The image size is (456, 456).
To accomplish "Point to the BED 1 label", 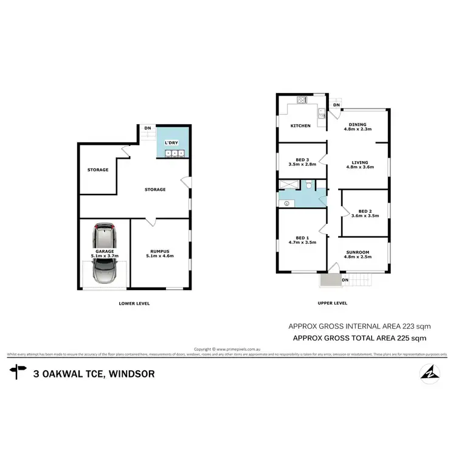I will [x=302, y=237].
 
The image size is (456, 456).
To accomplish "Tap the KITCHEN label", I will [x=300, y=126].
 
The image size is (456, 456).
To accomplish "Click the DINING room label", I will [x=358, y=124].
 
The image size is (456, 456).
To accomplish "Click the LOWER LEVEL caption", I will [x=134, y=303].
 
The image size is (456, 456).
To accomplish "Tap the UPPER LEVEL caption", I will [x=332, y=303].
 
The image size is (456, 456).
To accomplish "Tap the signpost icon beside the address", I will [x=18, y=372].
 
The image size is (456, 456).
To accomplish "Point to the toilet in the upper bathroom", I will [x=310, y=185].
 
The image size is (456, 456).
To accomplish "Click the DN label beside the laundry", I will [x=147, y=128].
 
